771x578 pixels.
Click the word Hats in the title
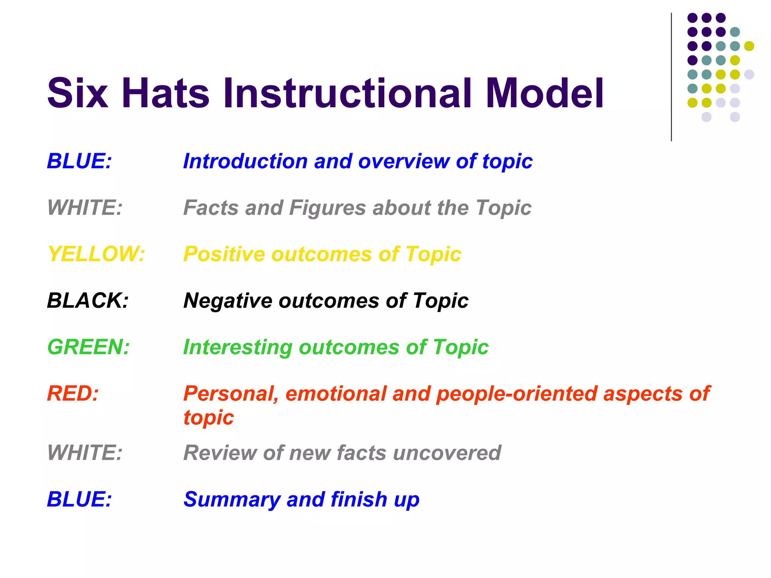165,93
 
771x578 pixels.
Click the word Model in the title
544,93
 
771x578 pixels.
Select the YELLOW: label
96,254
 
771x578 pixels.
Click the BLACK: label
88,301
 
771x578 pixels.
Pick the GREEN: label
88,347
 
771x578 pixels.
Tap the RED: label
73,394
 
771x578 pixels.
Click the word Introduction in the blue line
245,161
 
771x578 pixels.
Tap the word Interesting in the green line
238,347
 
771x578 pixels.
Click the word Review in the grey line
220,453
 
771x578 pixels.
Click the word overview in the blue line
404,161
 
